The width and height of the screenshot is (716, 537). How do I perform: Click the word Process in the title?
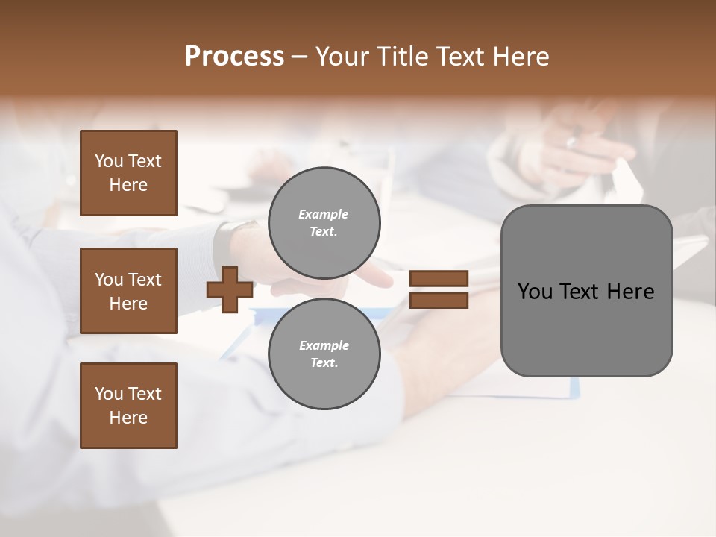point(234,57)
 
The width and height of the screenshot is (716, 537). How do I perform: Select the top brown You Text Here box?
point(128,173)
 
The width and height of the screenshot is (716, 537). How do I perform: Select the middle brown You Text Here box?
point(128,291)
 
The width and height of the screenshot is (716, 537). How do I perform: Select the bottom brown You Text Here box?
point(128,406)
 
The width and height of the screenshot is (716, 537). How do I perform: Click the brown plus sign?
point(230,289)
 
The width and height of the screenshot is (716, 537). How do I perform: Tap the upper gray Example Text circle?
point(324,223)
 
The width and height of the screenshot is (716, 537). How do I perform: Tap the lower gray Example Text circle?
point(324,354)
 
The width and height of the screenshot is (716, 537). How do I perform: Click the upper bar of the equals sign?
point(439,279)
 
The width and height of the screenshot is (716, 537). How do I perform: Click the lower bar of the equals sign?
point(439,301)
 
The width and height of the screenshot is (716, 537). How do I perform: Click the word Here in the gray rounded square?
point(630,292)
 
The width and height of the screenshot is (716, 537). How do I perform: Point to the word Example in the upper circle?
point(324,214)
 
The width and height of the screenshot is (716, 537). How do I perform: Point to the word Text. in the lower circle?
point(324,363)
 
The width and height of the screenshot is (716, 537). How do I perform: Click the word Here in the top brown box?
point(128,185)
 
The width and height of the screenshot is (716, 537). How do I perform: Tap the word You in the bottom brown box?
point(109,394)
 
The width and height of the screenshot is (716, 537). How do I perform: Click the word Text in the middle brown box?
point(144,280)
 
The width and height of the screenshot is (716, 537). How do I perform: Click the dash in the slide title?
point(299,57)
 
